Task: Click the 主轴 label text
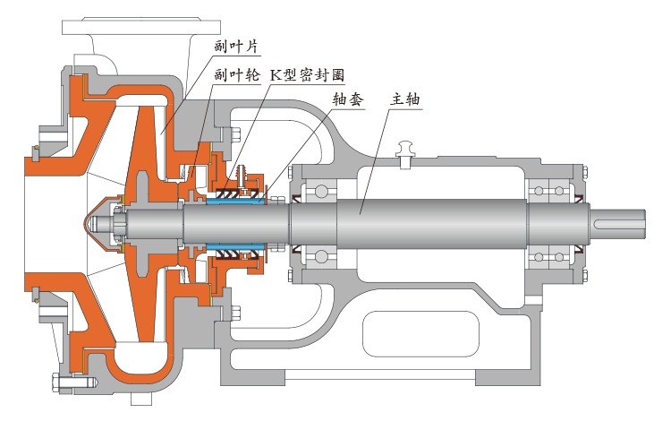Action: (x=404, y=99)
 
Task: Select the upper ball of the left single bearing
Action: (x=320, y=189)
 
